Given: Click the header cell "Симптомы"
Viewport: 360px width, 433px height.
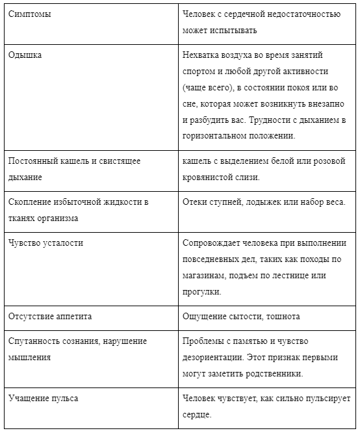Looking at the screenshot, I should tap(30, 14).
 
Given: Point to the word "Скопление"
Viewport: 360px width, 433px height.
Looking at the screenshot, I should tap(31, 202).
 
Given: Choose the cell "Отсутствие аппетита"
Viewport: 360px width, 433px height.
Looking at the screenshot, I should tap(50, 317).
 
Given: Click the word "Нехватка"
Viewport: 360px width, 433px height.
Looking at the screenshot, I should tap(203, 55).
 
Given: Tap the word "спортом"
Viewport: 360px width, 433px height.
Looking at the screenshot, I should tap(201, 71).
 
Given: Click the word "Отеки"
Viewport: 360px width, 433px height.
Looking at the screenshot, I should tap(196, 202).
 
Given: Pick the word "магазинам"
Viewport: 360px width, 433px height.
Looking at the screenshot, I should tap(205, 276).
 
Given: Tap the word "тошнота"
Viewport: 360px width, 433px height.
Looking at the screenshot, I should tap(282, 317).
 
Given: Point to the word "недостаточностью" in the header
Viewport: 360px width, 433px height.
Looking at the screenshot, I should tap(307, 14).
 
